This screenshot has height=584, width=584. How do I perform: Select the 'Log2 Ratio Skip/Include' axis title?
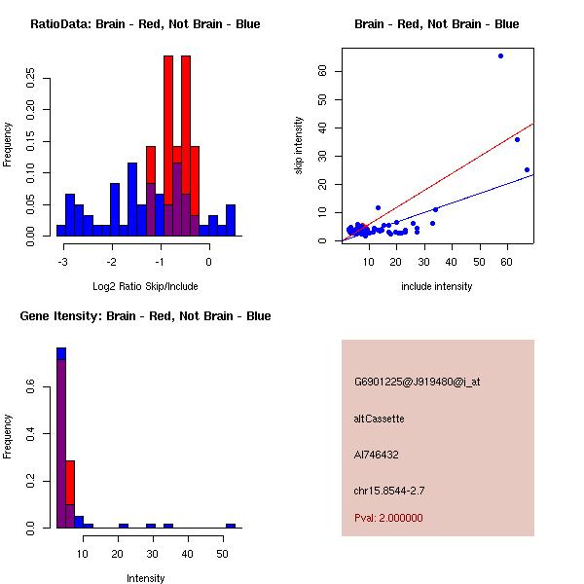coord(145,286)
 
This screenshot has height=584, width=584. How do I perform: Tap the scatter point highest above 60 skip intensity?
coord(500,55)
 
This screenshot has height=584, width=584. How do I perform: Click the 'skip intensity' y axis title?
coord(299,146)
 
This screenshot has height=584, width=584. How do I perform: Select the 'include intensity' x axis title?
coord(436,286)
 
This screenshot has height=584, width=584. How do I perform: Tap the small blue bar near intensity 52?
coord(231,526)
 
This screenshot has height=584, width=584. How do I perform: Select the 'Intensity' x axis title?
coord(145,578)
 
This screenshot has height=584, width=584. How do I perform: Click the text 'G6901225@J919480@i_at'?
coord(417,382)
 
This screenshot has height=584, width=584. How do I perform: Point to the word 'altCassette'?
coord(379,419)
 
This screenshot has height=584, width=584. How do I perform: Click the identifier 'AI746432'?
coord(377,455)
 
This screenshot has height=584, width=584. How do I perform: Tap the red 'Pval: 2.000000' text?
coord(388,518)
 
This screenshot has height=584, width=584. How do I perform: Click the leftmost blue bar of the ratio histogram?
coord(60,230)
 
